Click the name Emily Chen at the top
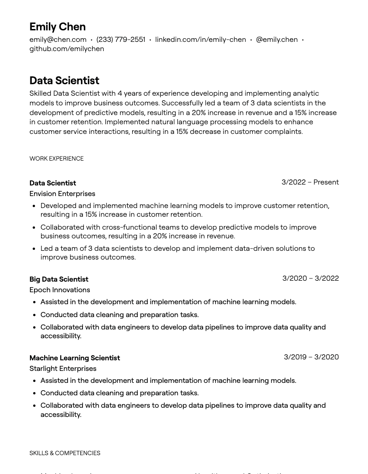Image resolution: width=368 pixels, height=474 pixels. tap(58, 27)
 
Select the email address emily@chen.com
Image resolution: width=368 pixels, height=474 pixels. tap(58, 40)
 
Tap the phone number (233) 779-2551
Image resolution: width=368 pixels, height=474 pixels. tap(121, 40)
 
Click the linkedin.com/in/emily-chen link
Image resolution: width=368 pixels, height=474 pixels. tap(200, 40)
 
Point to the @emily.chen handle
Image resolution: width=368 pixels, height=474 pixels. tap(277, 40)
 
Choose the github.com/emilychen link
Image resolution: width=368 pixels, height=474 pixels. tap(67, 49)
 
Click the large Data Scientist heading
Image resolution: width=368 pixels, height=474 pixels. tap(64, 81)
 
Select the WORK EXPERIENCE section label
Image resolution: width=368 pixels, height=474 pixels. tap(57, 159)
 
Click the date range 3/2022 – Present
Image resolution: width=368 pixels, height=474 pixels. tap(310, 182)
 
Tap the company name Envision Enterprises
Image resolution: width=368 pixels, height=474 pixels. tap(62, 194)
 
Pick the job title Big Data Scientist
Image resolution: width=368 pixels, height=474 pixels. tap(59, 279)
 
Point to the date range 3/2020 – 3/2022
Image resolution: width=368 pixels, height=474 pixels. tap(310, 278)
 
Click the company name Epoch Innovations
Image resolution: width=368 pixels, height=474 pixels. tap(59, 290)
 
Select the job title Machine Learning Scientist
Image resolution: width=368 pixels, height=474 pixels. tap(75, 358)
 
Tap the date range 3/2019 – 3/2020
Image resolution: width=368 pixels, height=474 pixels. tap(311, 357)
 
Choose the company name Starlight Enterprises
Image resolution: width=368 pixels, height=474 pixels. tap(63, 369)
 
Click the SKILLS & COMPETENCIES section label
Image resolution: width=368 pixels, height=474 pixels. tap(65, 453)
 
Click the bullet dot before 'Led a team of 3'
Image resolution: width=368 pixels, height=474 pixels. tap(34, 249)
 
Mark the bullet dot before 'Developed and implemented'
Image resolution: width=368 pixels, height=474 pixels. tap(34, 206)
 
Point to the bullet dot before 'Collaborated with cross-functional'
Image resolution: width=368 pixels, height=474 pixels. tap(34, 228)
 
